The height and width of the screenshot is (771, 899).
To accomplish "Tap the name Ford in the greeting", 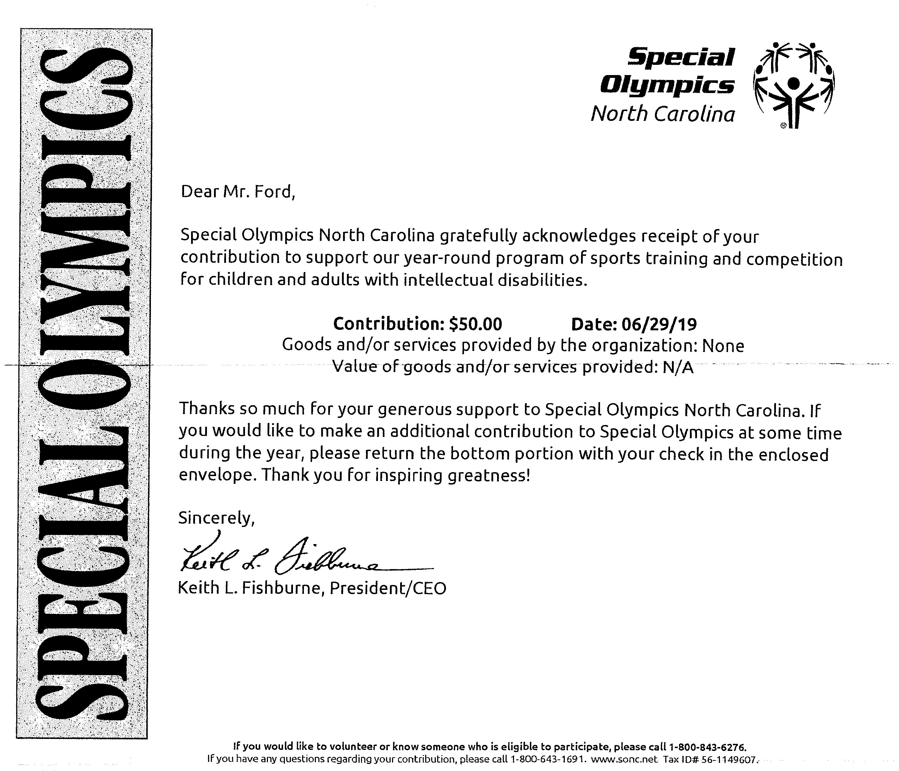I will (274, 192).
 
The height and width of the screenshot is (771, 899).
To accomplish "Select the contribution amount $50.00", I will (476, 324).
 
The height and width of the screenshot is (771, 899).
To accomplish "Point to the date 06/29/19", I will (659, 324).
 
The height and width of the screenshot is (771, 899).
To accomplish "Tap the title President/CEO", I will (387, 588).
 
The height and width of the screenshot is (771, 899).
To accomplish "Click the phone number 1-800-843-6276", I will (708, 747).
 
